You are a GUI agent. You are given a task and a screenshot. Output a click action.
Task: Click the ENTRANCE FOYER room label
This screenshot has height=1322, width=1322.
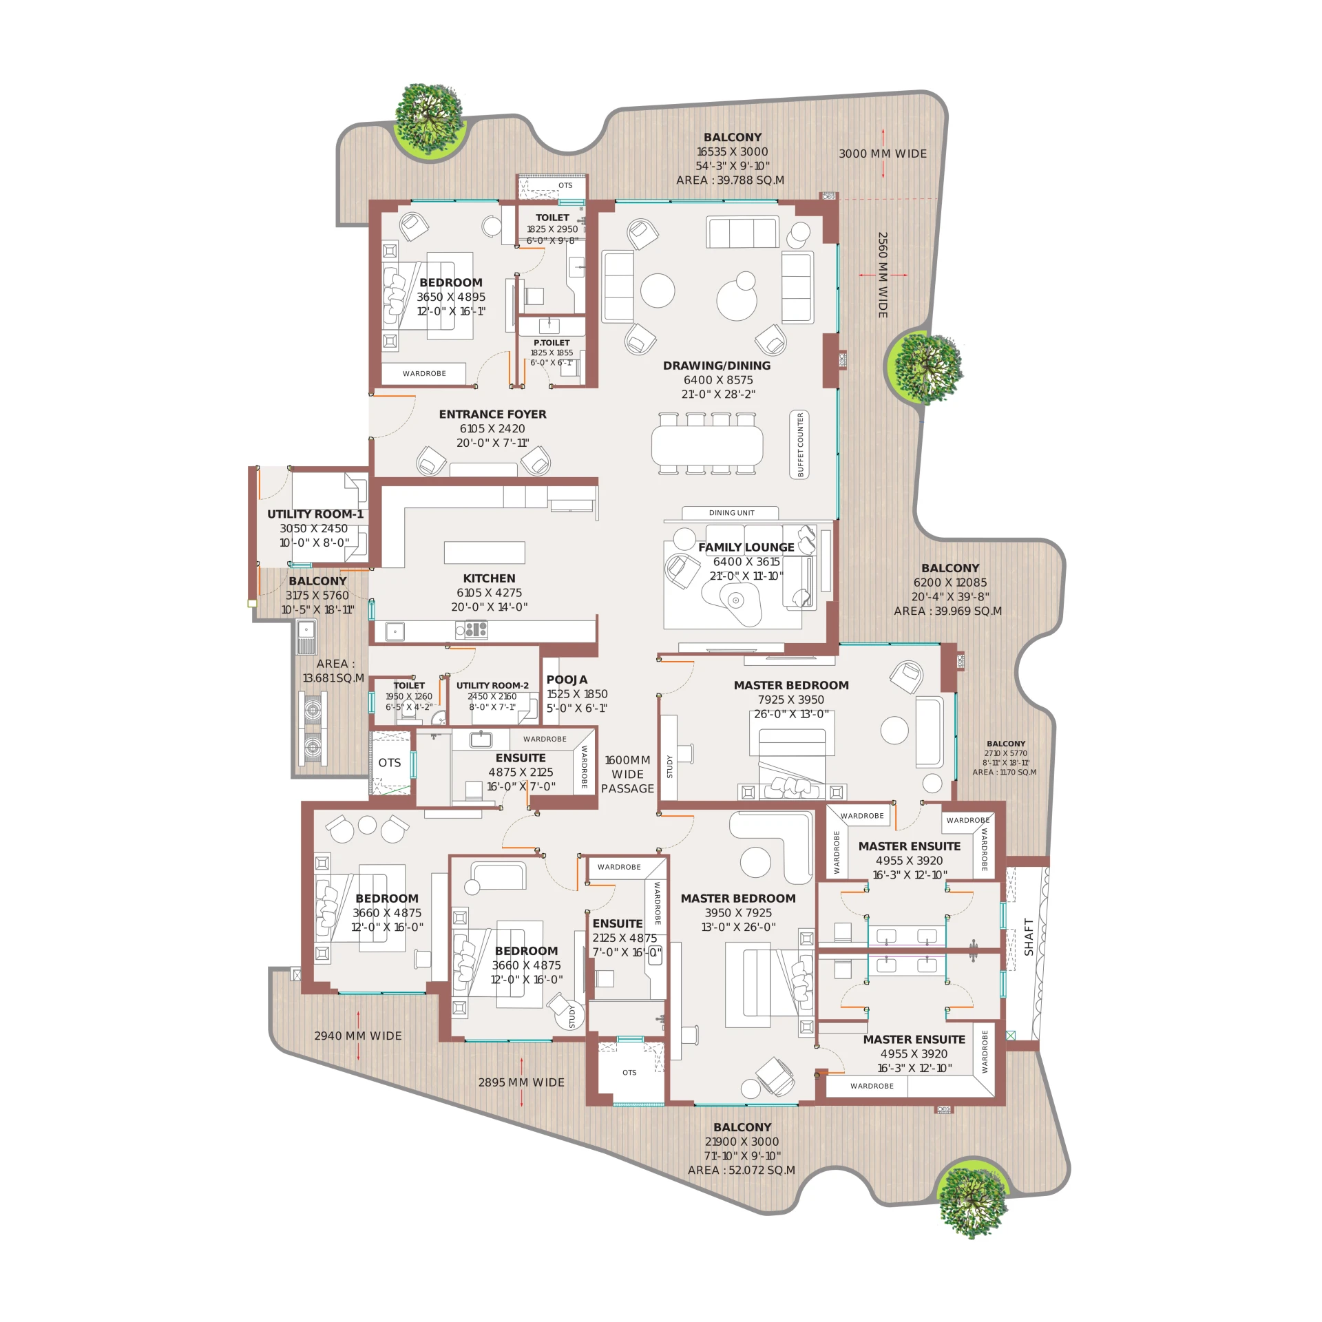pyautogui.click(x=492, y=414)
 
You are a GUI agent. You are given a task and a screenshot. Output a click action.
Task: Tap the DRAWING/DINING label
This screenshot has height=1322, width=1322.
pyautogui.click(x=717, y=366)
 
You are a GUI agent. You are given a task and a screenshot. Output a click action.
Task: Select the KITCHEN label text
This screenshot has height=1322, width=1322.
pyautogui.click(x=489, y=578)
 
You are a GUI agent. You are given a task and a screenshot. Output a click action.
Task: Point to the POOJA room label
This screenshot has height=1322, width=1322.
pyautogui.click(x=567, y=680)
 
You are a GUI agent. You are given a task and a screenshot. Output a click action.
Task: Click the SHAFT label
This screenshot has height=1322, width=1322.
pyautogui.click(x=1029, y=936)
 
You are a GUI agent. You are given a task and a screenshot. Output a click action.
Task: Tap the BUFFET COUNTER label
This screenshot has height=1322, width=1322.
pyautogui.click(x=800, y=445)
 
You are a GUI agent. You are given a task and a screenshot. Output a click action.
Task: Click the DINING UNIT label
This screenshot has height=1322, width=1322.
pyautogui.click(x=731, y=513)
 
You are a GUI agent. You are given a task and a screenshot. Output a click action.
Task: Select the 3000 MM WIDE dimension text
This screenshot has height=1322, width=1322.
pyautogui.click(x=883, y=154)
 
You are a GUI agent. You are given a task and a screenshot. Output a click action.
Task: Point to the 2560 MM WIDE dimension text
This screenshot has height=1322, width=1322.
pyautogui.click(x=883, y=275)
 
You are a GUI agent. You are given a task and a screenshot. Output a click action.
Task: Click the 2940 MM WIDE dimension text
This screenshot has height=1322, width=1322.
pyautogui.click(x=358, y=1036)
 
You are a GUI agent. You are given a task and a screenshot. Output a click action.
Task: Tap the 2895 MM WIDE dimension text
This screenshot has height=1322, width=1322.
pyautogui.click(x=521, y=1082)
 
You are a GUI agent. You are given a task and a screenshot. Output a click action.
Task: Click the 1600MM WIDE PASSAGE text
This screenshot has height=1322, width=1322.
pyautogui.click(x=627, y=774)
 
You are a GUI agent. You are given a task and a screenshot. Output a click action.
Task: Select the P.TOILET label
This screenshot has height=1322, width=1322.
pyautogui.click(x=552, y=342)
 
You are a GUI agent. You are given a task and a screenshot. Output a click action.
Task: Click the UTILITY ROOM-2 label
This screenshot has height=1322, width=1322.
pyautogui.click(x=492, y=685)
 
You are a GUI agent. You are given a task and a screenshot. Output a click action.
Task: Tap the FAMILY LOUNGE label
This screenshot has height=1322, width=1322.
pyautogui.click(x=746, y=547)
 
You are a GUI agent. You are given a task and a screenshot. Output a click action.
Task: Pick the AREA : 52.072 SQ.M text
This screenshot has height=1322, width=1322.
pyautogui.click(x=742, y=1170)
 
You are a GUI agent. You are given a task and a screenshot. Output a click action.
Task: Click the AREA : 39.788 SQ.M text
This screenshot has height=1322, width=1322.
pyautogui.click(x=730, y=180)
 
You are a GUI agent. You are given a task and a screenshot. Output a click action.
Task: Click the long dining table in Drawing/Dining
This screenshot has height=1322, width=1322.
pyautogui.click(x=707, y=445)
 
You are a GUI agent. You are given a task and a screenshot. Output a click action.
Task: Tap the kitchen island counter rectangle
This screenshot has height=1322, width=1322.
pyautogui.click(x=484, y=552)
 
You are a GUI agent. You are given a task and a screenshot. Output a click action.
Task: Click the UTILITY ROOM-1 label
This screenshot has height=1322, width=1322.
pyautogui.click(x=315, y=514)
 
